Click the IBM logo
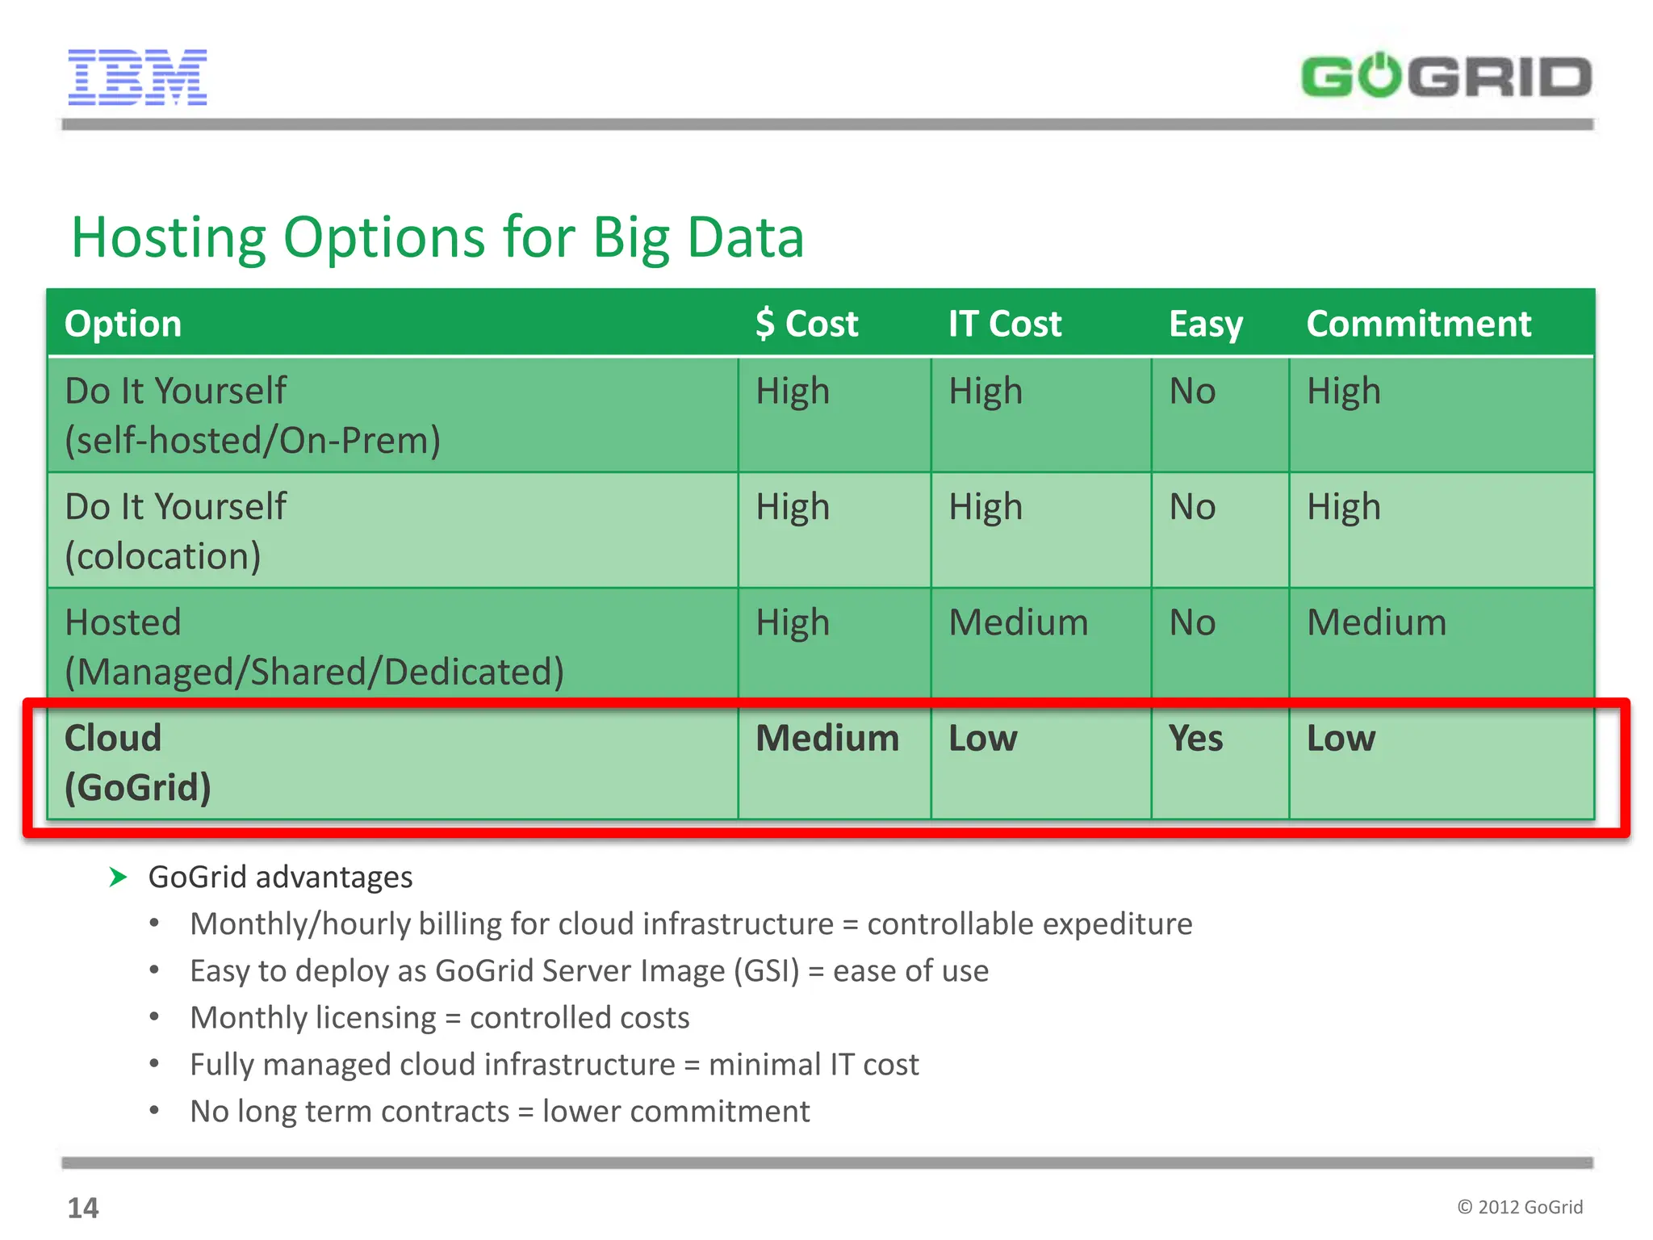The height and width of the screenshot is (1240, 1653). [137, 77]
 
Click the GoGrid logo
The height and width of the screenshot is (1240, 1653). [1446, 77]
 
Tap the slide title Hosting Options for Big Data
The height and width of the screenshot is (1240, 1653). [437, 237]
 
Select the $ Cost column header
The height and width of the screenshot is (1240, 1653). [806, 324]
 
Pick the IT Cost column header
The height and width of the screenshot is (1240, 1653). [1004, 324]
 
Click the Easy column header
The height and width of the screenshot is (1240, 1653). [1205, 325]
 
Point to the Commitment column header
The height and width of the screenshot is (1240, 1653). [1418, 324]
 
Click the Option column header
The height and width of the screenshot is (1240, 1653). [123, 324]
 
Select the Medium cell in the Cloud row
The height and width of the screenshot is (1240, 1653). [826, 739]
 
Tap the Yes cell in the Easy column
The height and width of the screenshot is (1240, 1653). [1195, 739]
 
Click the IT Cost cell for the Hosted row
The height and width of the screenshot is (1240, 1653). [1018, 622]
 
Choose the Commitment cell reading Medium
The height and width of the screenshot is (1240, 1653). [1376, 622]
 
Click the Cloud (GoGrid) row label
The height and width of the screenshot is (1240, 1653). [137, 762]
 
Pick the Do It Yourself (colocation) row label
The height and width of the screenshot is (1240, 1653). [175, 531]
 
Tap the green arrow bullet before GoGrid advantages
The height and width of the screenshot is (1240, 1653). [118, 877]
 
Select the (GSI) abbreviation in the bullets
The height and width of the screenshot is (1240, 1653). [766, 971]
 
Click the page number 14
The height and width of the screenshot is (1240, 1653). [82, 1208]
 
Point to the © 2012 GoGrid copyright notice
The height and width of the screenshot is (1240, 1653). [1519, 1207]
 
